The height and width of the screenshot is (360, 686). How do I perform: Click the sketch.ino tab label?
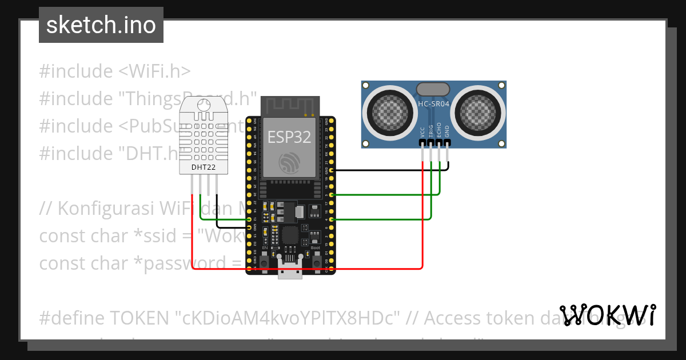[101, 25]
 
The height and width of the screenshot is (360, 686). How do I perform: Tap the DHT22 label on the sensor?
[203, 167]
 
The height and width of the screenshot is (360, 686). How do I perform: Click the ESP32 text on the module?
[290, 137]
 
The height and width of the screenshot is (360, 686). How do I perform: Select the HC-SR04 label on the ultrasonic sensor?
[433, 104]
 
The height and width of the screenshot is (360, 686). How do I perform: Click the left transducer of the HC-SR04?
[390, 110]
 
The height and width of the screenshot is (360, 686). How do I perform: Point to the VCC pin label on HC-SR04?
[423, 132]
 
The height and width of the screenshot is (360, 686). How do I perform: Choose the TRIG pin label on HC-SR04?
[431, 131]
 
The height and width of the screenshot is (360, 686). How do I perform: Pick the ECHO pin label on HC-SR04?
[439, 131]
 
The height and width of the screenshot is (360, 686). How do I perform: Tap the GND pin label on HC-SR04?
[447, 132]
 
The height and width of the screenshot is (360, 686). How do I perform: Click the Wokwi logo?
[608, 315]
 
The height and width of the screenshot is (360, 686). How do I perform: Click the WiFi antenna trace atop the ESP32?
[290, 106]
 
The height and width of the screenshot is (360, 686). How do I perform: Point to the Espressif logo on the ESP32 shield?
[290, 163]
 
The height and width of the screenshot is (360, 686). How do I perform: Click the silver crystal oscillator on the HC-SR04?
[433, 89]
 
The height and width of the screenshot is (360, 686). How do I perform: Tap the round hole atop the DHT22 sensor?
[203, 105]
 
